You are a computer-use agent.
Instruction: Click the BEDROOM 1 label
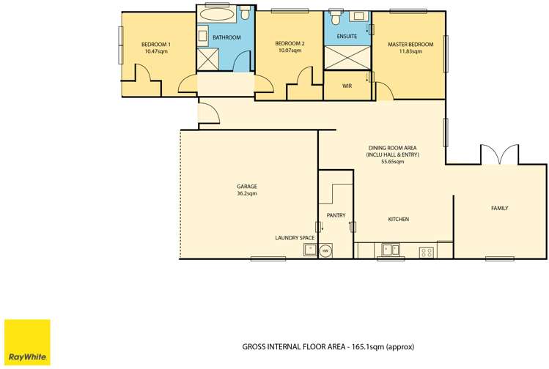tap(156, 45)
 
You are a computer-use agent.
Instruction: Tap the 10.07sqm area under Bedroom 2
tap(290, 51)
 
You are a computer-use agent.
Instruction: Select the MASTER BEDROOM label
tap(410, 45)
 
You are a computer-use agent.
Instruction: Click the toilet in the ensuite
tap(337, 15)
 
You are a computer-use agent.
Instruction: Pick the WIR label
tap(347, 85)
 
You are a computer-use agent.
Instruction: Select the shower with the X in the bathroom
tap(208, 59)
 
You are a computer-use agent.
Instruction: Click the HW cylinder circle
tap(325, 250)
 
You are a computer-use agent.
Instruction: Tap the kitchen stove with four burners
tap(426, 252)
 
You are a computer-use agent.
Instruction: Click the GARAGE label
tap(246, 187)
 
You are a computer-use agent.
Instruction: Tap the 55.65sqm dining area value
tap(392, 162)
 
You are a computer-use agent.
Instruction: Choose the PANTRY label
tap(336, 215)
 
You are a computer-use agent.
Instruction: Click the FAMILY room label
tap(499, 209)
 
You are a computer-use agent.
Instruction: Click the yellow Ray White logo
tap(27, 341)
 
